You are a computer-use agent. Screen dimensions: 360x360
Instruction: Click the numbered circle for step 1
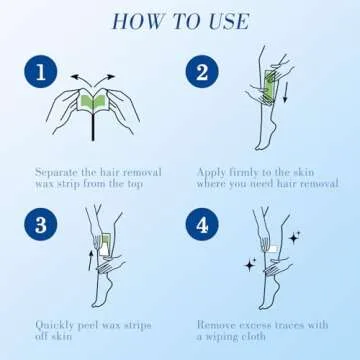[x=41, y=71]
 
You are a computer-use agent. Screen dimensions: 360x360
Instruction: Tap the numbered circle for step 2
[x=202, y=71]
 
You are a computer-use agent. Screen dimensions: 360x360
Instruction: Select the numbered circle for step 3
[x=41, y=224]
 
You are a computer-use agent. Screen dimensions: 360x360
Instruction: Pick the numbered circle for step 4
[x=202, y=224]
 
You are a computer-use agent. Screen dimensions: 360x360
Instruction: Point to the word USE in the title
[x=229, y=22]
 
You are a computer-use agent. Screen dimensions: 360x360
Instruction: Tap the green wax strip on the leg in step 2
[x=270, y=86]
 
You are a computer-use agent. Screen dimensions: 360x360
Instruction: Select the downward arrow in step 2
[x=285, y=94]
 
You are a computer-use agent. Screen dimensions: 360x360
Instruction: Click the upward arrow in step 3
[x=90, y=261]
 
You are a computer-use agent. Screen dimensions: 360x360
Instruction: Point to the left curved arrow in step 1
[x=82, y=80]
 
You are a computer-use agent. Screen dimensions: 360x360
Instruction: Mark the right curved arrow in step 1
[x=104, y=80]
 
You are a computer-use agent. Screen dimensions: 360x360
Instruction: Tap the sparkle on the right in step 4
[x=294, y=238]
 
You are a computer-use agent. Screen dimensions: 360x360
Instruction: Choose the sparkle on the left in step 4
[x=250, y=265]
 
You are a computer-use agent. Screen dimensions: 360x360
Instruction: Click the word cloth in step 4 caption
[x=252, y=336]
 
